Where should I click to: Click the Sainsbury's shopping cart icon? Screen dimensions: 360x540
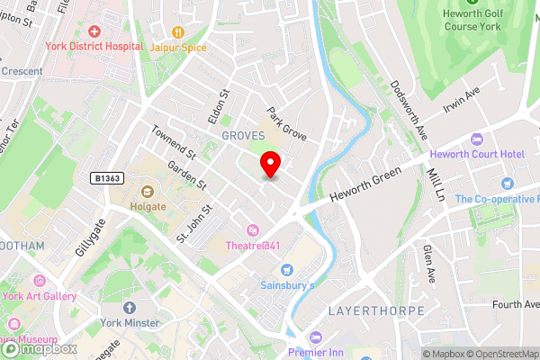pos(287,269)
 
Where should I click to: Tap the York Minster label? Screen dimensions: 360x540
pos(130,323)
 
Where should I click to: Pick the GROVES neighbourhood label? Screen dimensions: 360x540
pos(243,134)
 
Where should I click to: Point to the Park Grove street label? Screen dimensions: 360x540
pos(286,126)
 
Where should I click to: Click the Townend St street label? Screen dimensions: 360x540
pos(173,141)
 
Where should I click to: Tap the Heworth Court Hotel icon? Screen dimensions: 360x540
pos(476,139)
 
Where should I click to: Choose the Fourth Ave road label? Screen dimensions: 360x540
pos(515,304)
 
